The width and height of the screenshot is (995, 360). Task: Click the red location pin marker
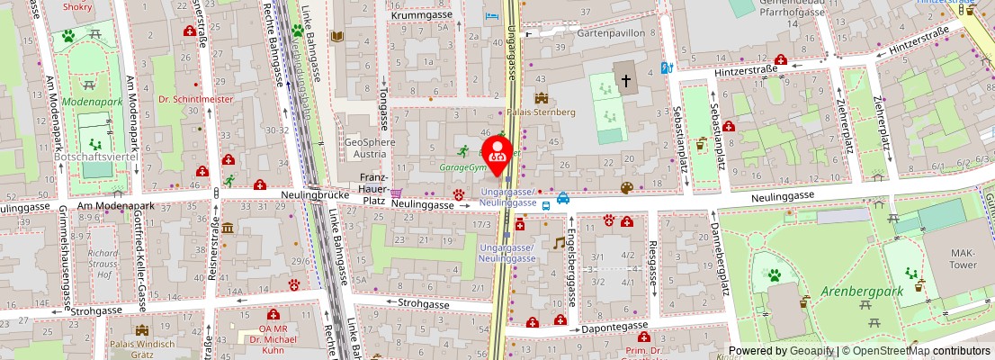click(x=497, y=150)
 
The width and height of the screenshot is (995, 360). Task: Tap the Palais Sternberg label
click(x=542, y=112)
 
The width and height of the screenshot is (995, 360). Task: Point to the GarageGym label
click(x=462, y=167)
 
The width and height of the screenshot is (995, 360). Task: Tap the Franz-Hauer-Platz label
click(x=373, y=184)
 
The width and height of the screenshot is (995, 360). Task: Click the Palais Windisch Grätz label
click(x=141, y=348)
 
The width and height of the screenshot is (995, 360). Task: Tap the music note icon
click(x=560, y=242)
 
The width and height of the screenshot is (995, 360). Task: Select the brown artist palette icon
click(x=626, y=187)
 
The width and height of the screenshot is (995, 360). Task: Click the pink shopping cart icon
click(x=396, y=192)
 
